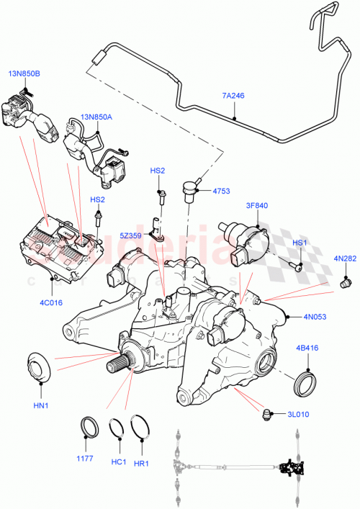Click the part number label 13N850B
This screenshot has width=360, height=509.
[24, 73]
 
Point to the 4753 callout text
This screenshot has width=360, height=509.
[220, 191]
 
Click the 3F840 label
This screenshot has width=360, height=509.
[256, 206]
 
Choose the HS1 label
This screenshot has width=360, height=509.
[299, 243]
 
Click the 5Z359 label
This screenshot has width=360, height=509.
[130, 235]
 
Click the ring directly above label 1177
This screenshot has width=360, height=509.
[90, 425]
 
